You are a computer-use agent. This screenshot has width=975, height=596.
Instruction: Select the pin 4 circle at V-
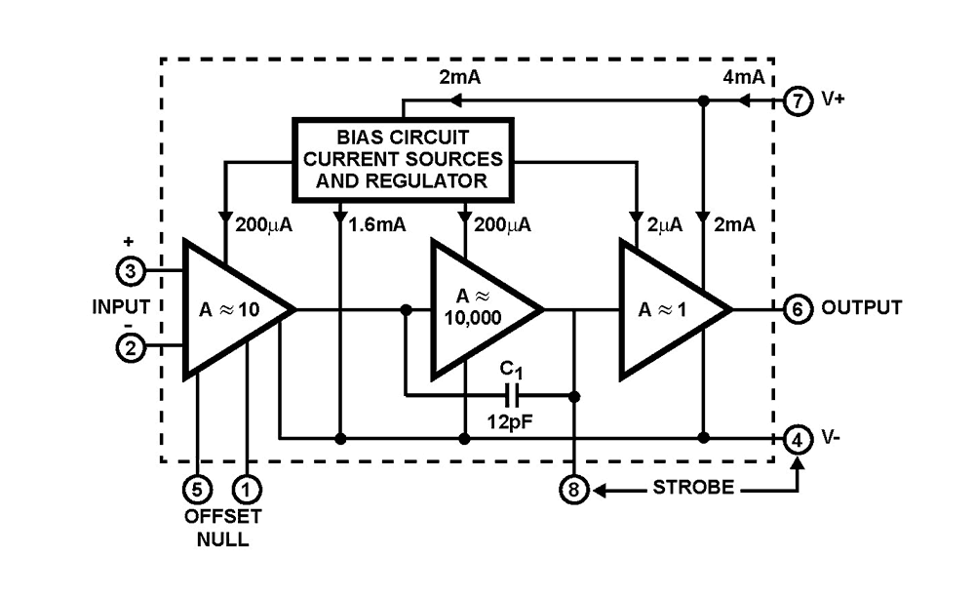pyautogui.click(x=798, y=439)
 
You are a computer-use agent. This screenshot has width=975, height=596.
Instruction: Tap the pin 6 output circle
pyautogui.click(x=798, y=308)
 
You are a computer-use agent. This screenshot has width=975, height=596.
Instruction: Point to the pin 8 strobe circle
pyautogui.click(x=574, y=490)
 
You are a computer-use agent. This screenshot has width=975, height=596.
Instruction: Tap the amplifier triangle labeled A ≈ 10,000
pyautogui.click(x=478, y=308)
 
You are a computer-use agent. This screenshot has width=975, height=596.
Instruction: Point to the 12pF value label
pyautogui.click(x=512, y=424)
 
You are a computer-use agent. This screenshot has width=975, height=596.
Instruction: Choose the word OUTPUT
pyautogui.click(x=861, y=308)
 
